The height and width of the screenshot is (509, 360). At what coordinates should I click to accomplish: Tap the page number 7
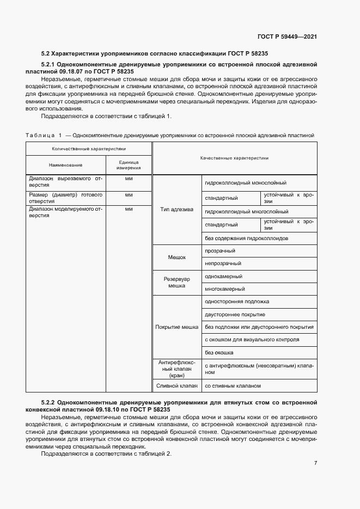315,463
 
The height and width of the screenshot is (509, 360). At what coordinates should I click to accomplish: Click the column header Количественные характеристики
88,148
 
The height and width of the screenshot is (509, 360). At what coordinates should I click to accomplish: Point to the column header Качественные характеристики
234,158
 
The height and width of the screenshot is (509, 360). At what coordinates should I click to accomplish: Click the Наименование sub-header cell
65,165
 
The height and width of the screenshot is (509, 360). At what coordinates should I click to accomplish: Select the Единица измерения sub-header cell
129,165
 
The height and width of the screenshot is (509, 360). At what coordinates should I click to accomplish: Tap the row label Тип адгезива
178,210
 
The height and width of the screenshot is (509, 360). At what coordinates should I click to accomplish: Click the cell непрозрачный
223,263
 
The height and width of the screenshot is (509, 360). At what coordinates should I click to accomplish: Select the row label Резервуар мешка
177,282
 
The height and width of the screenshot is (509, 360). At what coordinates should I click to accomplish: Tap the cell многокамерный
224,289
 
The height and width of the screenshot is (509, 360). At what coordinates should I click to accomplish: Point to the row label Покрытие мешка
177,327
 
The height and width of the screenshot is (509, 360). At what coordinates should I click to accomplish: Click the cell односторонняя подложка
237,302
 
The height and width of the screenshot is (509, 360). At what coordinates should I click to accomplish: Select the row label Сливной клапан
177,386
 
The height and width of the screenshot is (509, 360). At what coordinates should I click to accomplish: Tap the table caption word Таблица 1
44,134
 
